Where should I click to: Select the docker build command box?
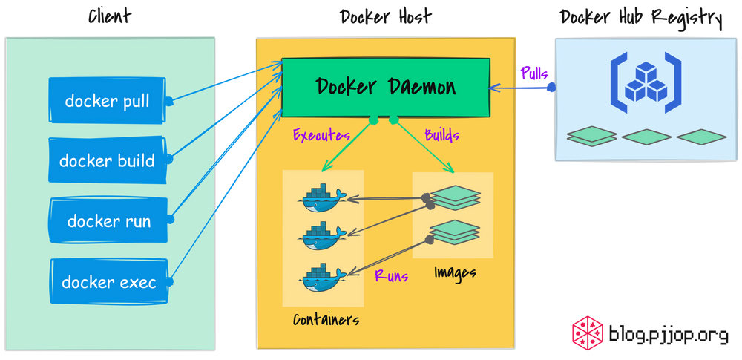click(107, 161)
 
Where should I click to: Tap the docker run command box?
click(108, 221)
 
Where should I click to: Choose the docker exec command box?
click(108, 282)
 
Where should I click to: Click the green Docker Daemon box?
click(386, 87)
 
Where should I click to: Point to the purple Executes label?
click(321, 136)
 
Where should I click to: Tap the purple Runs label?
click(391, 276)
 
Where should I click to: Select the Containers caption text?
click(326, 320)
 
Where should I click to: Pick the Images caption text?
click(455, 273)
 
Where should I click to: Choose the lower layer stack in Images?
click(455, 232)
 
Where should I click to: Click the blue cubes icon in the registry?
click(646, 82)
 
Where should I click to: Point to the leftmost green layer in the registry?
click(591, 137)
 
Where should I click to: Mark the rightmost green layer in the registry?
click(701, 137)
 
